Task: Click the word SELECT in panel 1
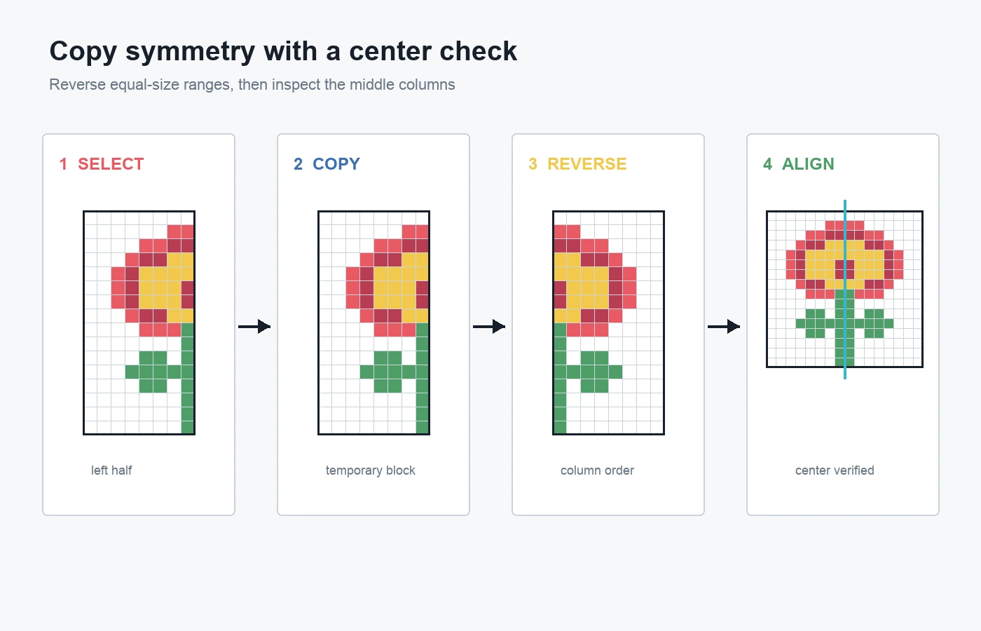tap(111, 164)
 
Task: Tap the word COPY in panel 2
tap(336, 164)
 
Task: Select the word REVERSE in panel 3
tap(587, 164)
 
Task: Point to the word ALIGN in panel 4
tap(808, 164)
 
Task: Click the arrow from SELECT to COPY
tap(254, 327)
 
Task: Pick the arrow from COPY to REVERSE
tap(489, 327)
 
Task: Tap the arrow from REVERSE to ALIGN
tap(724, 327)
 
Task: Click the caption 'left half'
tap(111, 470)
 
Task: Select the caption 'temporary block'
tap(371, 470)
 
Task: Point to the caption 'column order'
tap(597, 470)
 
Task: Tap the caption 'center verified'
tap(835, 470)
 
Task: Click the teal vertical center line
tap(845, 289)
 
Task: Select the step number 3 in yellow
tap(533, 164)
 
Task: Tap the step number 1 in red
tap(64, 164)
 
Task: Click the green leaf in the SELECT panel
tap(153, 372)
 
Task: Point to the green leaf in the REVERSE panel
tap(594, 372)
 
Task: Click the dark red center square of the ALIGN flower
tap(845, 269)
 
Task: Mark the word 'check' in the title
tap(478, 50)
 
